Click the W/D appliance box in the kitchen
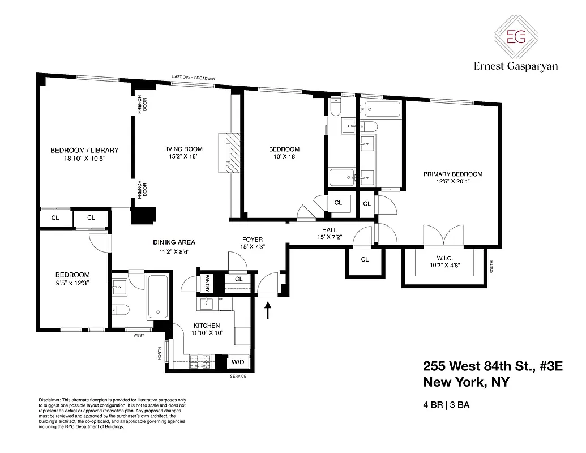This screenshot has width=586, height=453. point(237,361)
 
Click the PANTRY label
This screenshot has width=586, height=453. point(207,283)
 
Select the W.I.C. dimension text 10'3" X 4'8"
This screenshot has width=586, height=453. point(444,265)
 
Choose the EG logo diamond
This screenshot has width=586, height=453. point(515,37)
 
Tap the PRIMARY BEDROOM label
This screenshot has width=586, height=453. point(453,174)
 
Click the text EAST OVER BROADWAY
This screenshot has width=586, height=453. point(195,78)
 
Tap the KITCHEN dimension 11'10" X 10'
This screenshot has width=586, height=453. point(206,334)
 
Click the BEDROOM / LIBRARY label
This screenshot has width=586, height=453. point(84,150)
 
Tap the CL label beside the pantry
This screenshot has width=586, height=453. point(238,279)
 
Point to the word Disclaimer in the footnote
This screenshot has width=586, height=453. point(50,399)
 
